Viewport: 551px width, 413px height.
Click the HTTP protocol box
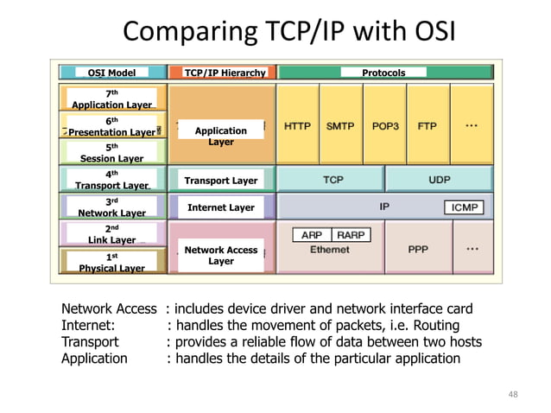[297, 126]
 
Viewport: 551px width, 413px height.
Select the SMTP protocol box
[340, 126]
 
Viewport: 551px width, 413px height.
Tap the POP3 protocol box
[384, 126]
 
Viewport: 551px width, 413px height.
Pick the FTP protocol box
[427, 126]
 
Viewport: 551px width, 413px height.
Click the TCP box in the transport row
[331, 180]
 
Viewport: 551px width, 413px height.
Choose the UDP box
[439, 180]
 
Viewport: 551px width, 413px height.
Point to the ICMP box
[464, 207]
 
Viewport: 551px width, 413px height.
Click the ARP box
[313, 234]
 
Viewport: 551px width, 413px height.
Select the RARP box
[351, 234]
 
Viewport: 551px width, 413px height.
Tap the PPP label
[418, 249]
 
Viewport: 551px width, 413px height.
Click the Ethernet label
[330, 249]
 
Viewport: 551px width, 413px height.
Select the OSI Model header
[111, 73]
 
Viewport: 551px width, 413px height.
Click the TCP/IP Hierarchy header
[225, 73]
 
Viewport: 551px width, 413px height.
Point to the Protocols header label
[383, 73]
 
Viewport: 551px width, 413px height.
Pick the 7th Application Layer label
[111, 99]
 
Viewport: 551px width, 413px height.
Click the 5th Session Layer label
[111, 153]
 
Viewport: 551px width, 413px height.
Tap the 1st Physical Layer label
[111, 263]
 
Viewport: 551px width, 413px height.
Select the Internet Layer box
[221, 207]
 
